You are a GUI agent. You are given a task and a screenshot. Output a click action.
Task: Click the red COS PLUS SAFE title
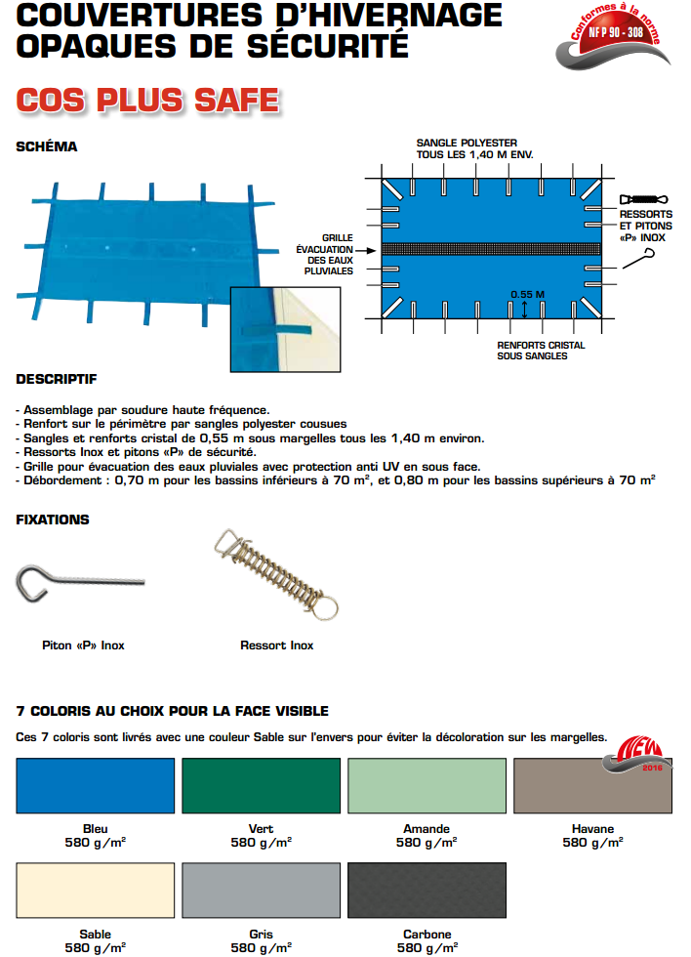point(148,101)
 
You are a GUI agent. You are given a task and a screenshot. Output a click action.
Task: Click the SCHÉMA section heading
point(47,147)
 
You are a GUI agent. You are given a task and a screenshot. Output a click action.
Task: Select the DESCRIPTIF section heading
point(57,379)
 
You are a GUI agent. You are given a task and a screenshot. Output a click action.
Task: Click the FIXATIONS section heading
point(53,520)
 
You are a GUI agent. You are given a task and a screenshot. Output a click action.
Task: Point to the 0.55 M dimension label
point(527,295)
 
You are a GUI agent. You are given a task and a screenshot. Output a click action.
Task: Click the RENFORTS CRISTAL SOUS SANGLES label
point(540,351)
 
